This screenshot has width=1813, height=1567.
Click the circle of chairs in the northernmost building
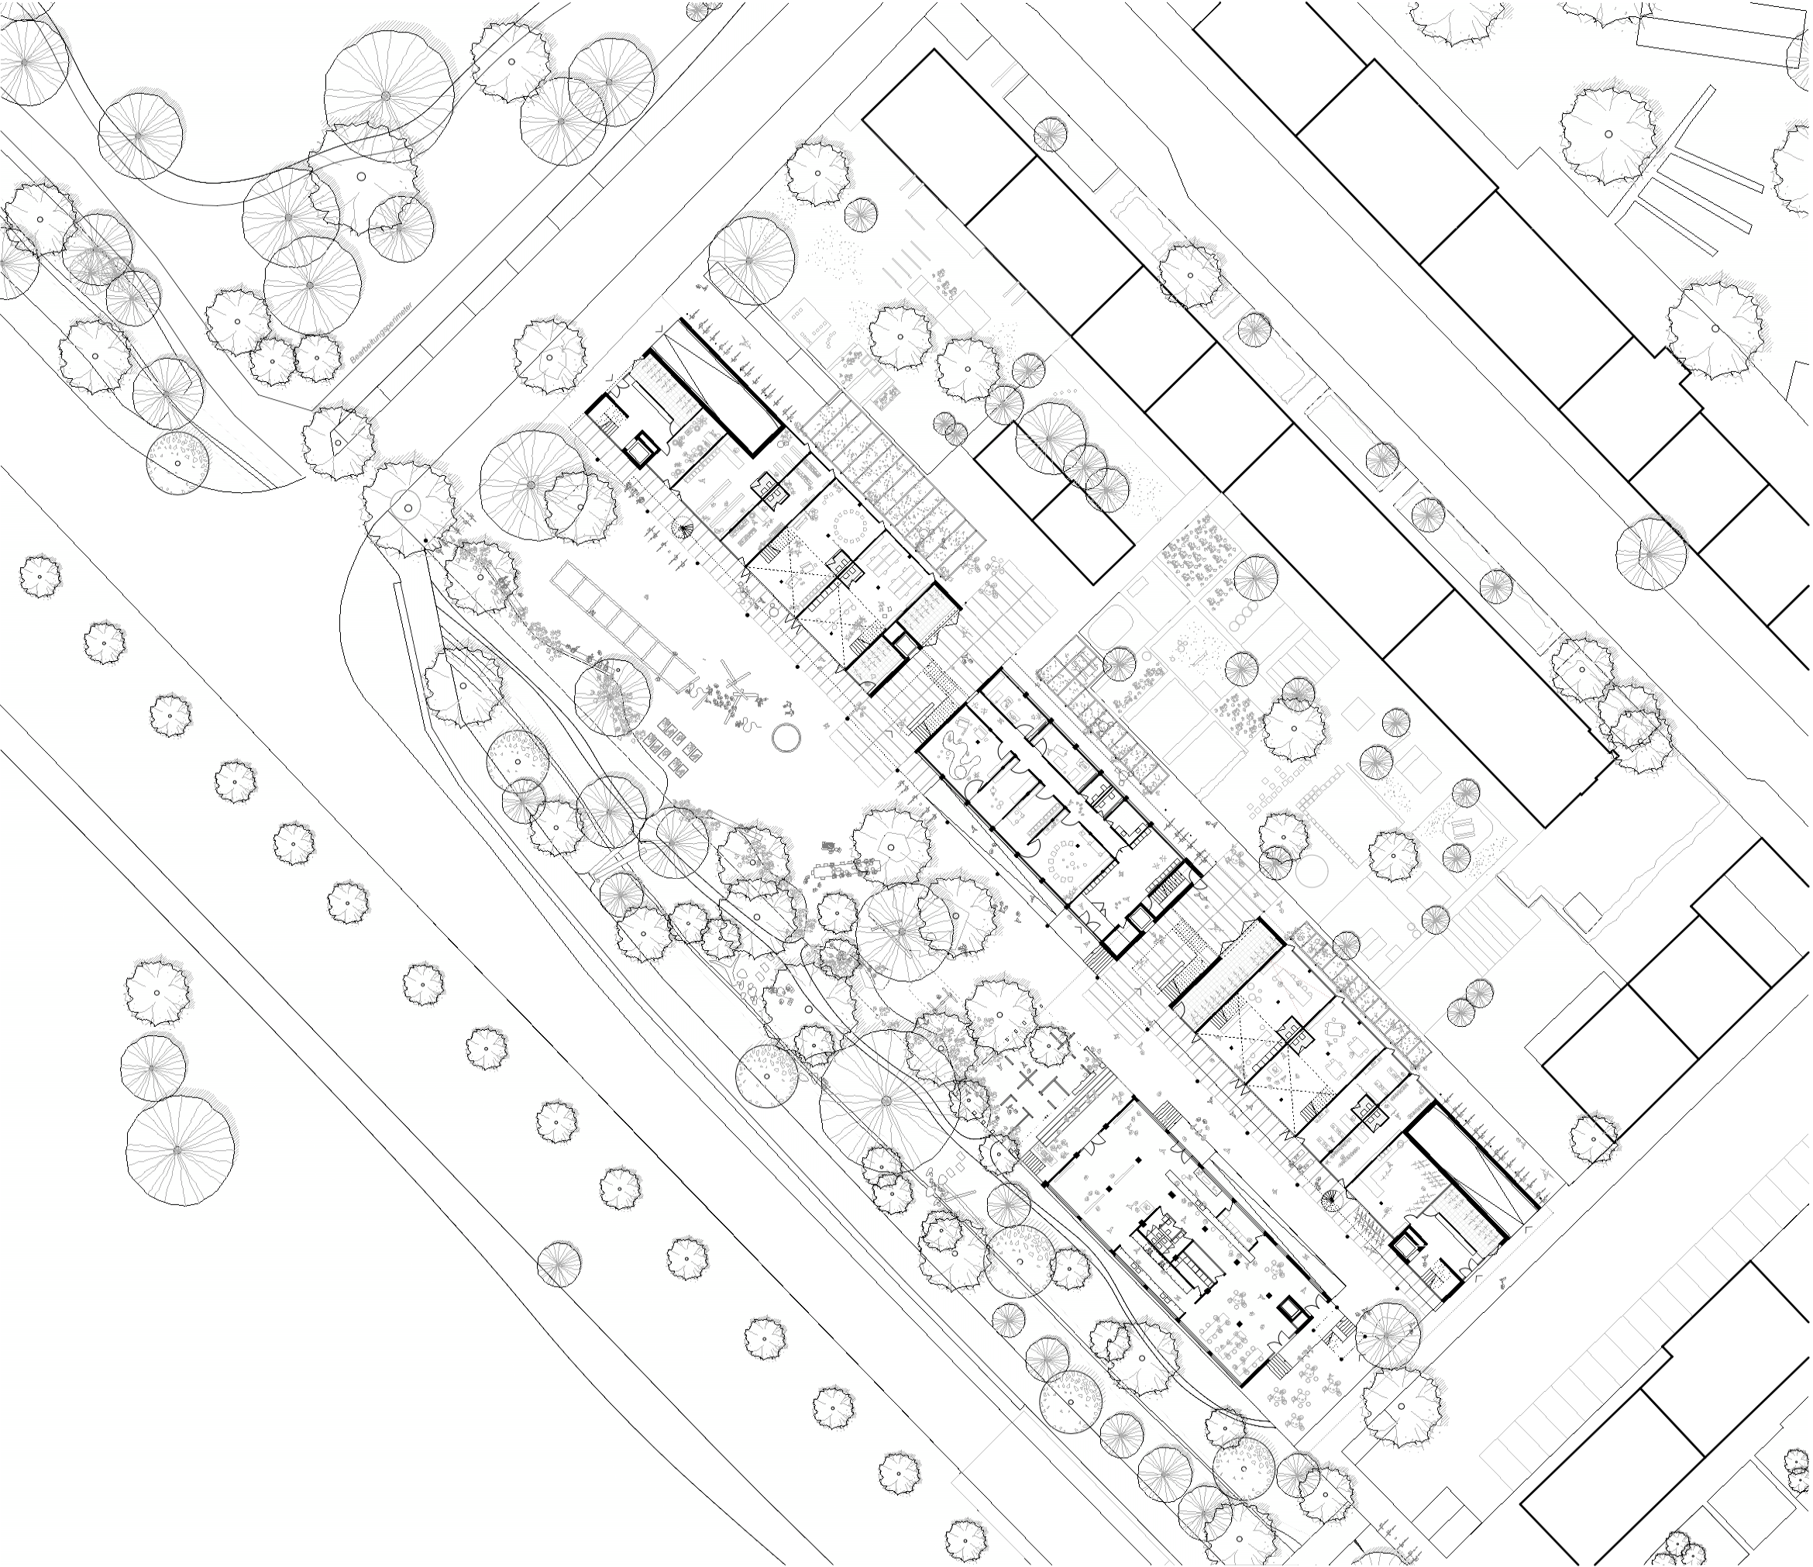click(x=851, y=527)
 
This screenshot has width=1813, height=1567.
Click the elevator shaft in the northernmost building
click(x=645, y=448)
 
